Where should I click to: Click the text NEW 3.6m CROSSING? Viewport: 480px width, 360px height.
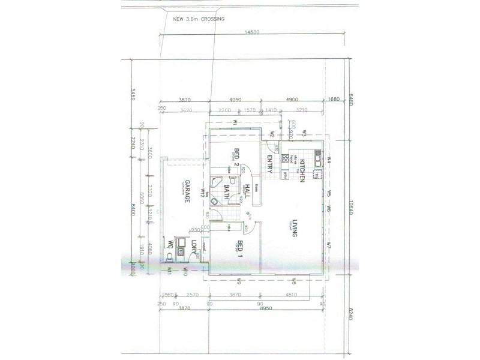tap(199, 19)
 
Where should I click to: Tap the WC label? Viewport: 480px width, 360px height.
tap(172, 247)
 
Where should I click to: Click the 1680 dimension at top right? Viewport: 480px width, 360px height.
tap(334, 100)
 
